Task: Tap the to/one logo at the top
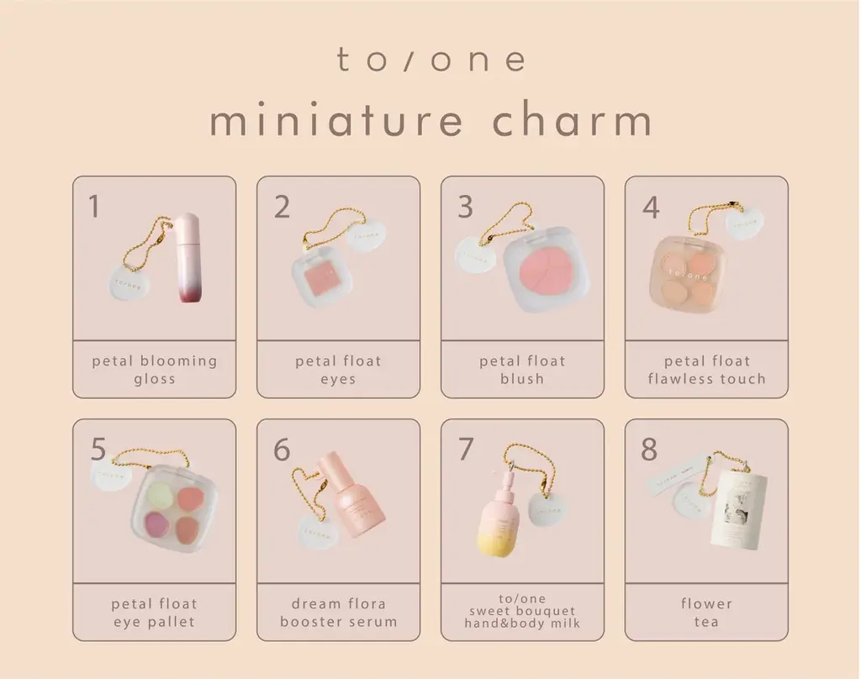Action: pyautogui.click(x=431, y=60)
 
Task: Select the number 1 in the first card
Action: pyautogui.click(x=94, y=207)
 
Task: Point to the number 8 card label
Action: pyautogui.click(x=648, y=450)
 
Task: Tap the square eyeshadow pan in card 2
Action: pyautogui.click(x=320, y=277)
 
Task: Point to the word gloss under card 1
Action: pyautogui.click(x=155, y=379)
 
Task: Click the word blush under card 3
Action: pyautogui.click(x=523, y=379)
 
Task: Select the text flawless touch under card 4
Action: pyautogui.click(x=707, y=379)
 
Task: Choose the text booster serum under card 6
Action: pyautogui.click(x=339, y=623)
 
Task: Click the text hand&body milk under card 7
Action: pyautogui.click(x=522, y=624)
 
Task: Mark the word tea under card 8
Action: pyautogui.click(x=706, y=623)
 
